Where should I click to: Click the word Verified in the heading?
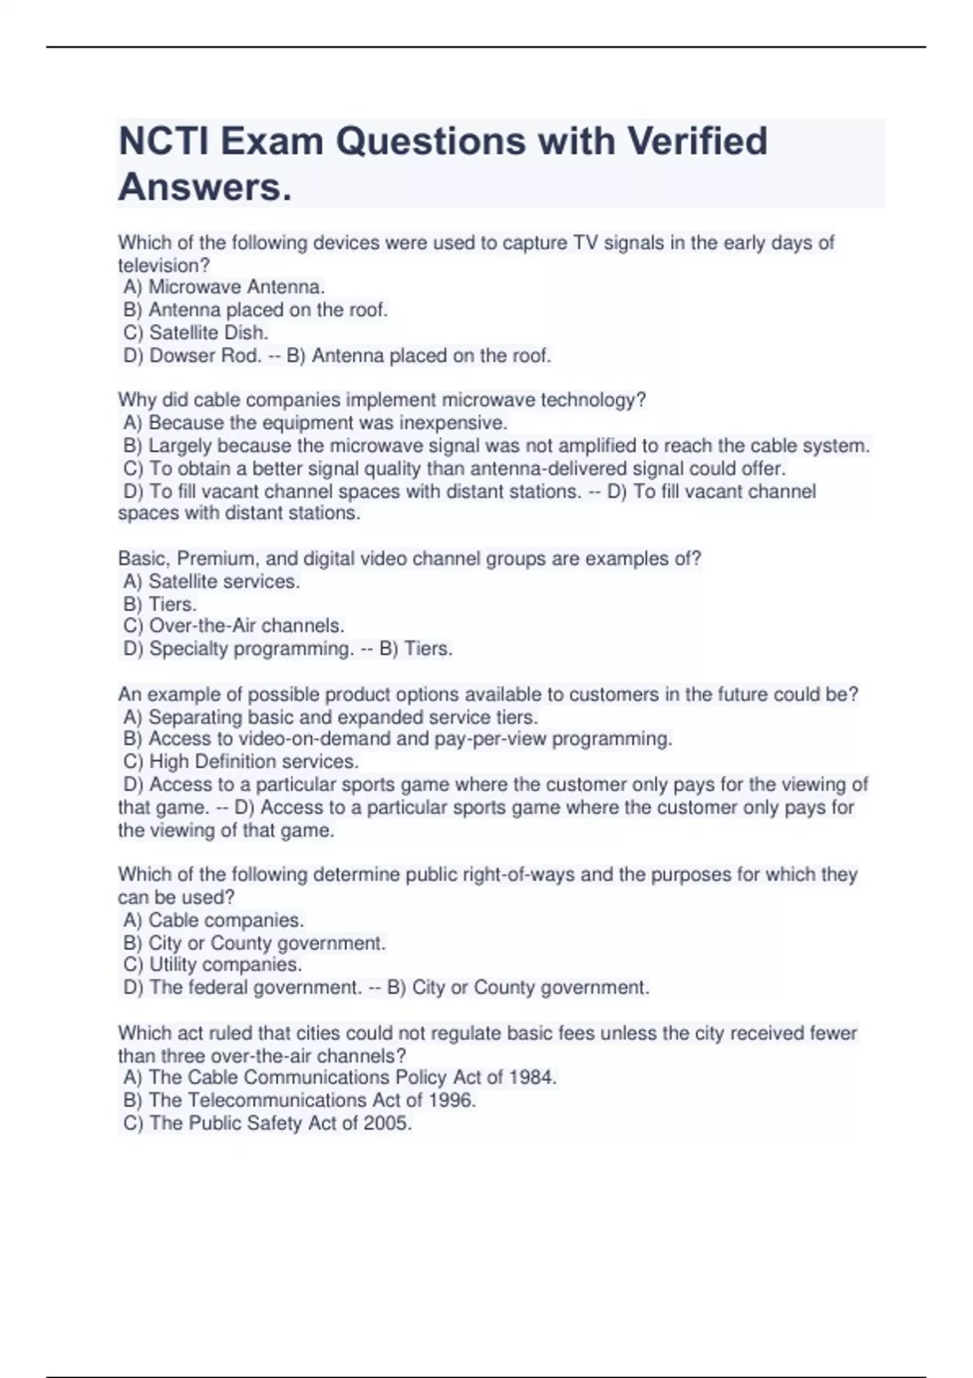pyautogui.click(x=697, y=142)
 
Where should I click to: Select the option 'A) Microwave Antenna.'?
pyautogui.click(x=225, y=287)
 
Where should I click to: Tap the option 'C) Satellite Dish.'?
pyautogui.click(x=196, y=332)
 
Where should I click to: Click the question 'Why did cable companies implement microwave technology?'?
pyautogui.click(x=382, y=400)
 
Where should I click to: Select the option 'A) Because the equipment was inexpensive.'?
pyautogui.click(x=315, y=422)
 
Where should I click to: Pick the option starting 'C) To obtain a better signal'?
pyautogui.click(x=455, y=469)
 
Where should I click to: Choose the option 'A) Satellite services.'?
pyautogui.click(x=212, y=581)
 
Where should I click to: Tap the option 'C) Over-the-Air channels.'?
pyautogui.click(x=234, y=626)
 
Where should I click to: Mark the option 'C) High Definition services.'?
pyautogui.click(x=241, y=761)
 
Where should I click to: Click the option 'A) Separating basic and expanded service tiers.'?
pyautogui.click(x=331, y=717)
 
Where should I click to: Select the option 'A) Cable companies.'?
pyautogui.click(x=214, y=920)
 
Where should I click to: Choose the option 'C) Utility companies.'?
pyautogui.click(x=212, y=965)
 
